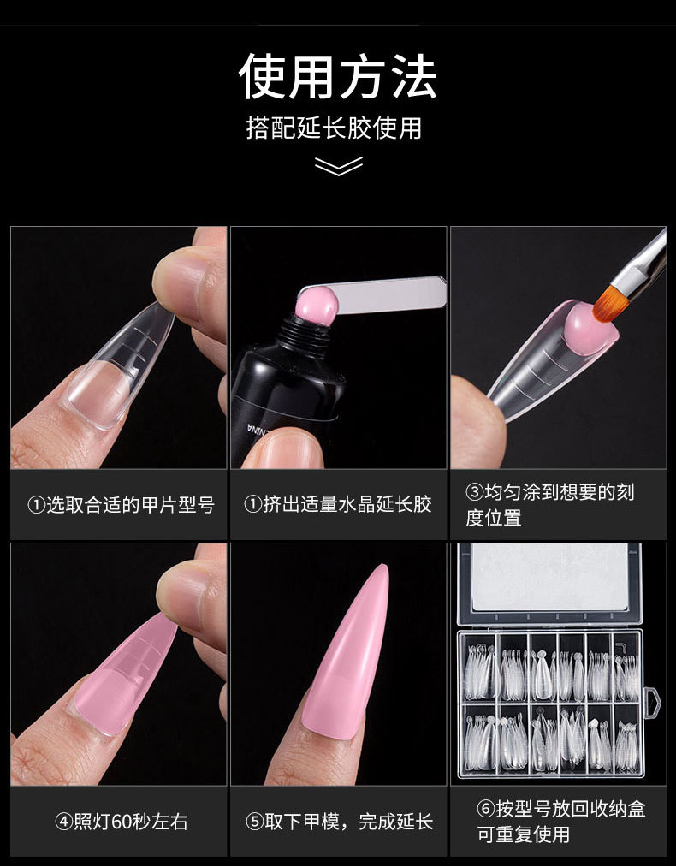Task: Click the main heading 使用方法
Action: click(x=338, y=76)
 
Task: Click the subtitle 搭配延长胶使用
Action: click(x=334, y=128)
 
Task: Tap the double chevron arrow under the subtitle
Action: click(x=338, y=166)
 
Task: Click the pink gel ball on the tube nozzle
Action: click(x=317, y=305)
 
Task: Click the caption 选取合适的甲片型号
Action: click(x=121, y=505)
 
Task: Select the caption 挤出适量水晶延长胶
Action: click(x=338, y=504)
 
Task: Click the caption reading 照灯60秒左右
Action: click(x=122, y=822)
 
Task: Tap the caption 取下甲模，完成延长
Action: click(x=338, y=822)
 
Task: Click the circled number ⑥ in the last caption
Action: click(x=485, y=810)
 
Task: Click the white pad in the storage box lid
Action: click(x=550, y=577)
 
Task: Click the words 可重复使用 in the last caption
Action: click(x=524, y=834)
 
